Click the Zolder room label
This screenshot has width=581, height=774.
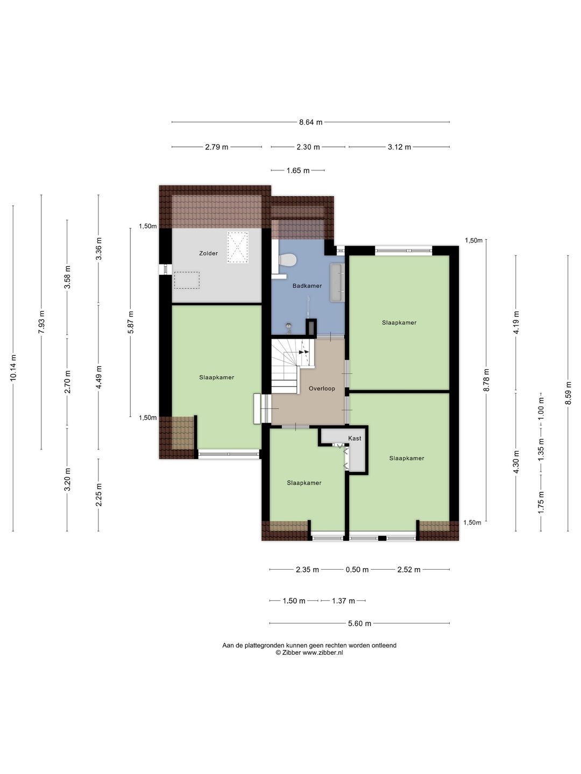point(208,253)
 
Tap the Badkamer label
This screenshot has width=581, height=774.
point(307,285)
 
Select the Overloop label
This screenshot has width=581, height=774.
point(322,389)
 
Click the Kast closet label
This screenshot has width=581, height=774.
point(355,438)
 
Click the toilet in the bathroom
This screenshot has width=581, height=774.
point(287,260)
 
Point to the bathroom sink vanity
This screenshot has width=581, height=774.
point(337,282)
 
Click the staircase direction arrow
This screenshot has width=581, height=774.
point(304,352)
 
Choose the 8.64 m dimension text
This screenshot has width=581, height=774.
point(311,123)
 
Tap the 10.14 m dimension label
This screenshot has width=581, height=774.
point(13,368)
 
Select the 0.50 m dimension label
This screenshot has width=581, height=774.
point(357,569)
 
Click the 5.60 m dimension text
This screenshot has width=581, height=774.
point(359,623)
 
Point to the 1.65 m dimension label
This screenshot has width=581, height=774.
point(297,171)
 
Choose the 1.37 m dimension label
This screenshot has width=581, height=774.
point(343,601)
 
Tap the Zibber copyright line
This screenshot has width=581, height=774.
point(309,653)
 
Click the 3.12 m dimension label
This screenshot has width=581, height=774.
point(399,147)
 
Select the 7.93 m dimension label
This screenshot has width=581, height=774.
point(41,322)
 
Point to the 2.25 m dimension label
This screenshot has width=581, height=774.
point(99,494)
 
